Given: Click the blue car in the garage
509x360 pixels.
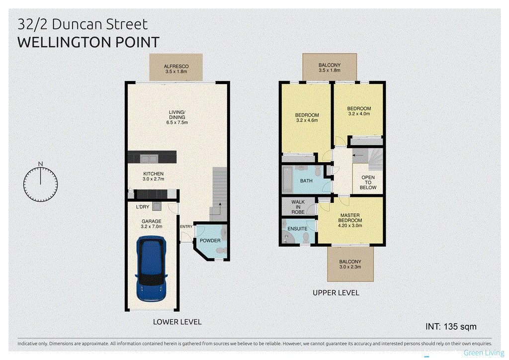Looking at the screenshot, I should pos(151,268).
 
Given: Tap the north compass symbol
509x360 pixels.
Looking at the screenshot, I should pos(41,182).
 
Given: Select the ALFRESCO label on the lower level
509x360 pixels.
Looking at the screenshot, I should pos(177,69).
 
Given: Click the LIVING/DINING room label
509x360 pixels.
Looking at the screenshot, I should pos(177,117).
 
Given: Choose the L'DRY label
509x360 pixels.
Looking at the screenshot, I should pos(143,206).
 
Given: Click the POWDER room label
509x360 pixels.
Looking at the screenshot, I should pos(210,241).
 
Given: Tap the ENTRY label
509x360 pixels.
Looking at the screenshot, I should pos(186,227).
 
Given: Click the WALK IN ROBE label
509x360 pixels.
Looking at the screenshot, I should pos(298,207).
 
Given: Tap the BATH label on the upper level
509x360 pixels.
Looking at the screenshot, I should pos(306,180).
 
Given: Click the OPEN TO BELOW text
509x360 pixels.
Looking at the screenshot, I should pos(368,182).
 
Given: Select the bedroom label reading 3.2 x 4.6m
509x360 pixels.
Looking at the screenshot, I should pos(307,117).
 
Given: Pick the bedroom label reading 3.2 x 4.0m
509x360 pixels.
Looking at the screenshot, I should pos(359,112).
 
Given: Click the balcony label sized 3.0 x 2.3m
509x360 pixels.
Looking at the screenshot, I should pos(350,265).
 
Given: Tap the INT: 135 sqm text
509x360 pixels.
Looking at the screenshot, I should pos(451,327).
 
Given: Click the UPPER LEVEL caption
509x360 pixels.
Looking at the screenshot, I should pos(336,293).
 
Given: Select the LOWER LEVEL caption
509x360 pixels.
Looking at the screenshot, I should pos(177,322).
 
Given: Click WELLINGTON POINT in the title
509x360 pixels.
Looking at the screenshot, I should pos(88,42).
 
